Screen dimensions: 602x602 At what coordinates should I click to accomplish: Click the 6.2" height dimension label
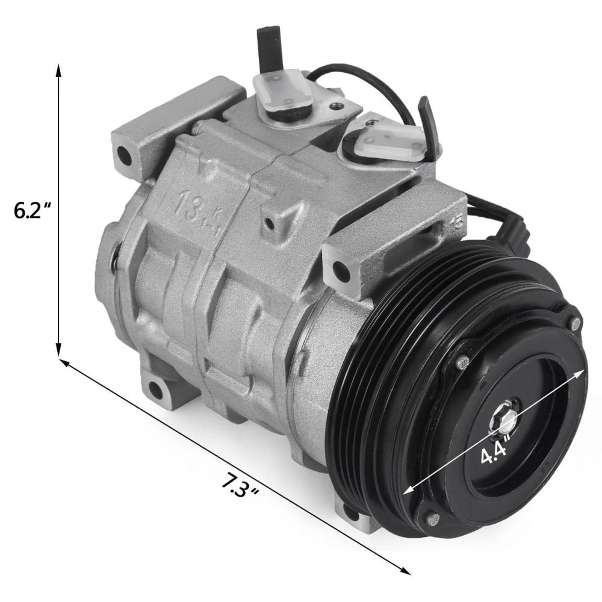coord(33,210)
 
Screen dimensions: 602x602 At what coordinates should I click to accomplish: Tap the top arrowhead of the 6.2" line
coord(58,72)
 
